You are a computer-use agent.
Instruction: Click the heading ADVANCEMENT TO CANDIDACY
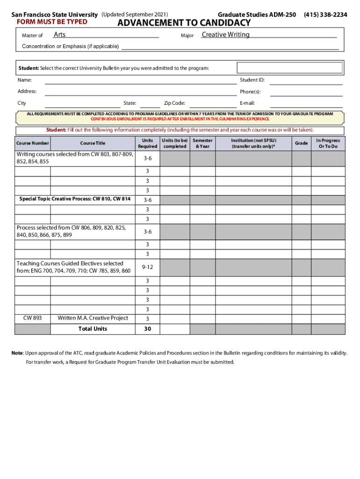pyautogui.click(x=184, y=23)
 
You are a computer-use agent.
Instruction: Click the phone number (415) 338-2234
pyautogui.click(x=325, y=15)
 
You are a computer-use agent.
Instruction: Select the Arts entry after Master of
pyautogui.click(x=59, y=35)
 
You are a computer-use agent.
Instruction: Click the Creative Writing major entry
pyautogui.click(x=225, y=35)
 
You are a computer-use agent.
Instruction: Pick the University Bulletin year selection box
pyautogui.click(x=290, y=68)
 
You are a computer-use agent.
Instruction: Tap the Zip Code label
pyautogui.click(x=174, y=103)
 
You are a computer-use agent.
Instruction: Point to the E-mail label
pyautogui.click(x=247, y=103)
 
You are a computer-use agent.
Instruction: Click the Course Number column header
pyautogui.click(x=32, y=143)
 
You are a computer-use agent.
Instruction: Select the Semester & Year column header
pyautogui.click(x=202, y=143)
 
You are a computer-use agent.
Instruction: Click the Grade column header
pyautogui.click(x=301, y=143)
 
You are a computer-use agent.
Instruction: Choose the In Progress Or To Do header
pyautogui.click(x=328, y=143)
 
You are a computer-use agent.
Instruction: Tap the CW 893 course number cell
pyautogui.click(x=32, y=318)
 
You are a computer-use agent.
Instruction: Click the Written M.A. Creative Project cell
pyautogui.click(x=93, y=318)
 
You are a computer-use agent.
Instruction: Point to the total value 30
pyautogui.click(x=147, y=329)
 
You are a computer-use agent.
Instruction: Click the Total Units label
pyautogui.click(x=93, y=329)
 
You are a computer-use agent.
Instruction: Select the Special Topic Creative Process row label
pyautogui.click(x=75, y=199)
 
